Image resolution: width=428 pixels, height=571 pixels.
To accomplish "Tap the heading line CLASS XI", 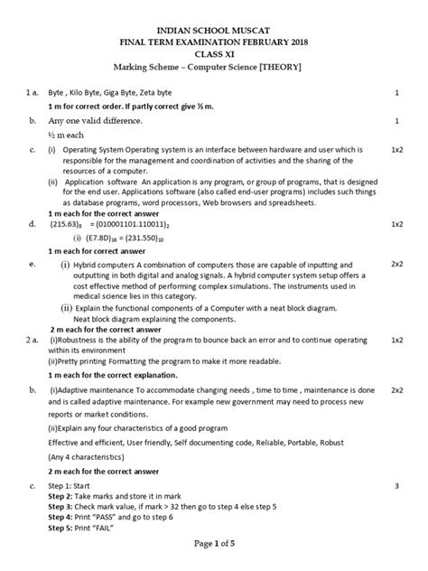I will pyautogui.click(x=214, y=54).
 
